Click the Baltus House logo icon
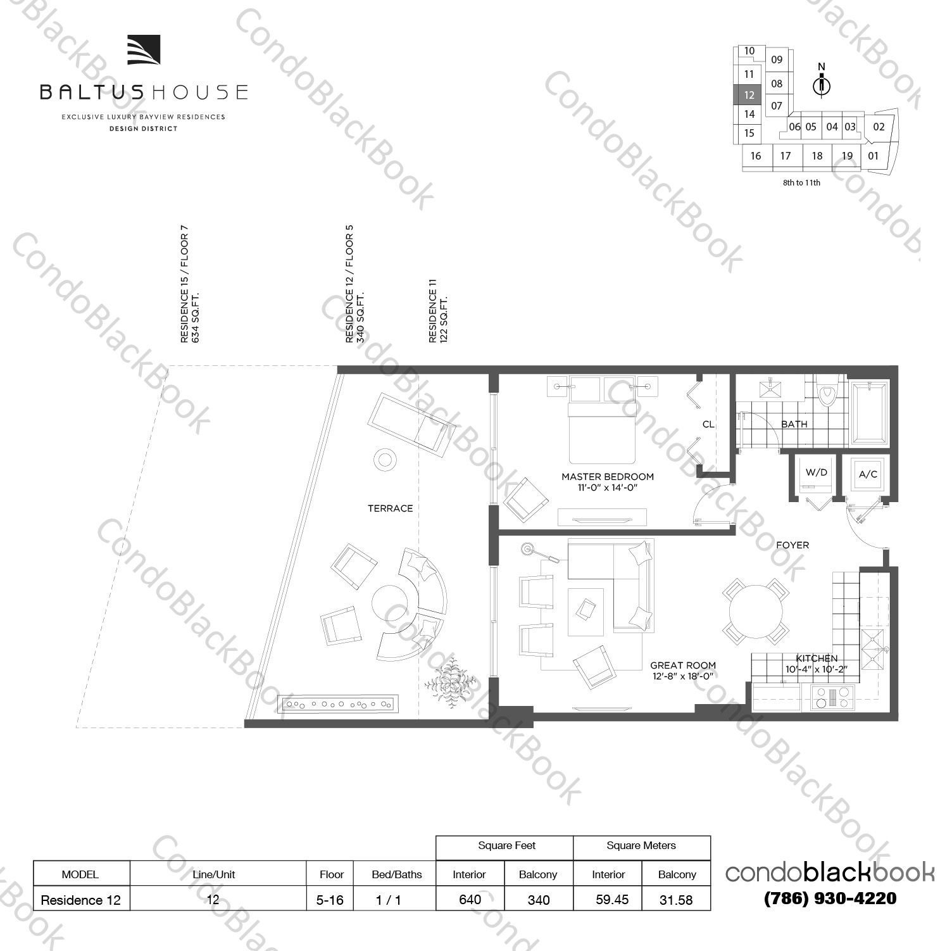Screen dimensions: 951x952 [144, 50]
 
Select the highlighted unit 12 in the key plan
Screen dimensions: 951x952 [749, 95]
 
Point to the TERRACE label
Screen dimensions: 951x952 [390, 508]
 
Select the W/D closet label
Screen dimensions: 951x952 [816, 473]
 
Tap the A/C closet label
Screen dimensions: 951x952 [867, 474]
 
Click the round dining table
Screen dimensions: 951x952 [756, 610]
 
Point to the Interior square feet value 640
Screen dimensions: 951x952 [470, 900]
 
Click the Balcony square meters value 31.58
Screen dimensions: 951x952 [676, 900]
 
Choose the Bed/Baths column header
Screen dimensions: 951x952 [396, 874]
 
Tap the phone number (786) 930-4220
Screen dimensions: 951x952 [830, 898]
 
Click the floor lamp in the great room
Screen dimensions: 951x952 [527, 548]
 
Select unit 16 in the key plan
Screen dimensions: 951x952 [756, 156]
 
